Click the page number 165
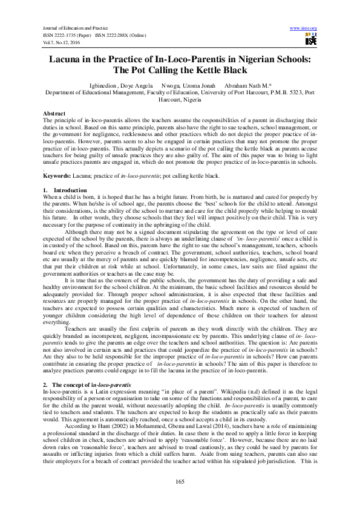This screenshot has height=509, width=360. [180, 481]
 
